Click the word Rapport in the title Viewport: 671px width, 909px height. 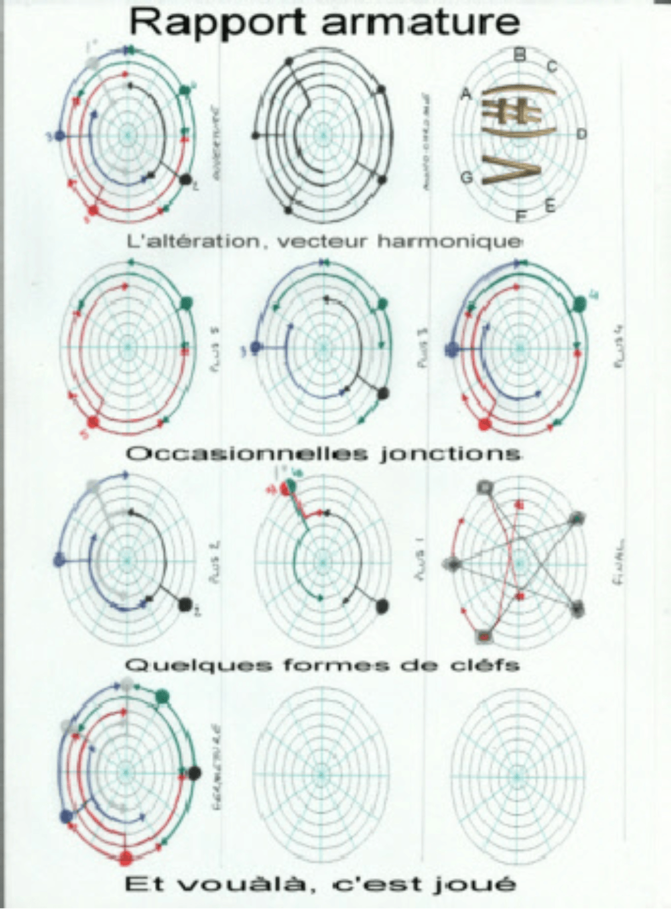[218, 23]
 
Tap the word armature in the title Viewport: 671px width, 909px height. [421, 22]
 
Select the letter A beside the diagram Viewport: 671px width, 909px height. [466, 94]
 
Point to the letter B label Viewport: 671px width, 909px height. [519, 55]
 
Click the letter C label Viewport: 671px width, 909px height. [551, 67]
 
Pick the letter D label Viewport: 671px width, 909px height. [581, 134]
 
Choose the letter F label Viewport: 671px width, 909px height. [521, 217]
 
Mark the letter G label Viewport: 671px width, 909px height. [466, 178]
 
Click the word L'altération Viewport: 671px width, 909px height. [194, 242]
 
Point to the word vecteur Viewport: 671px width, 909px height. [321, 242]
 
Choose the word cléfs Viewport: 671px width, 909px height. [485, 665]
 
